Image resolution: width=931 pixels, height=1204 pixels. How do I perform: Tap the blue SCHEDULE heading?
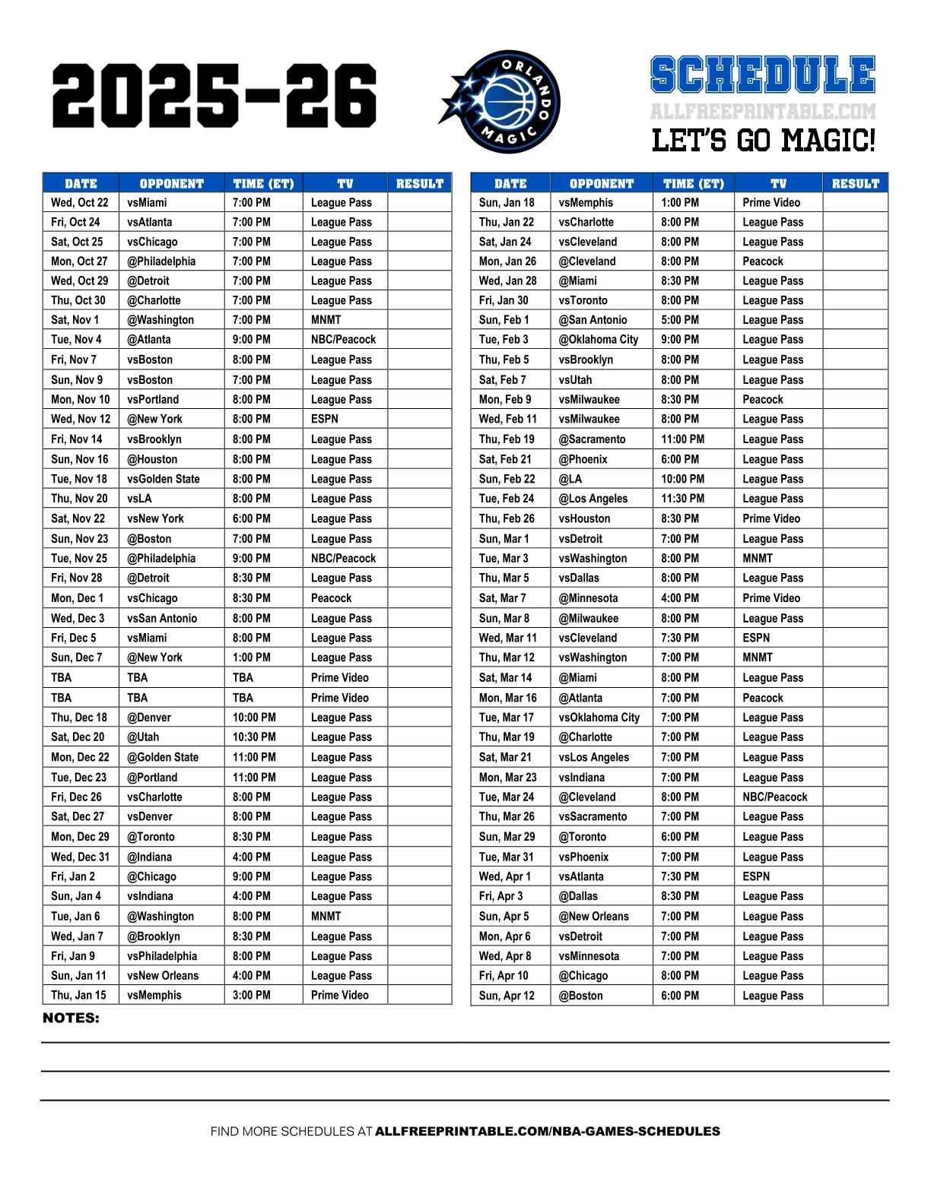[763, 76]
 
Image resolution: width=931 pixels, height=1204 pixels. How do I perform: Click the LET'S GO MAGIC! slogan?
[763, 141]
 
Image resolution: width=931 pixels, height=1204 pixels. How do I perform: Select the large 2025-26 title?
[214, 97]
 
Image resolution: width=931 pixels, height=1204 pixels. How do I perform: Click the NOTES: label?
[71, 1018]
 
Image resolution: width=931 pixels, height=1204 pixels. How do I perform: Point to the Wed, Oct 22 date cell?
[80, 203]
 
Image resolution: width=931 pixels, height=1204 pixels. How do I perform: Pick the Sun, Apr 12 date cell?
[507, 996]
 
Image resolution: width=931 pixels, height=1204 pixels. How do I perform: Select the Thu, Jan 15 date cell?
[79, 995]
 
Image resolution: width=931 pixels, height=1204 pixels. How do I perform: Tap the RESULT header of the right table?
[855, 183]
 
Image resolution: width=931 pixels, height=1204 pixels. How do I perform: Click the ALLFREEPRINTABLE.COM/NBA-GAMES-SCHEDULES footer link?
[548, 1131]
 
